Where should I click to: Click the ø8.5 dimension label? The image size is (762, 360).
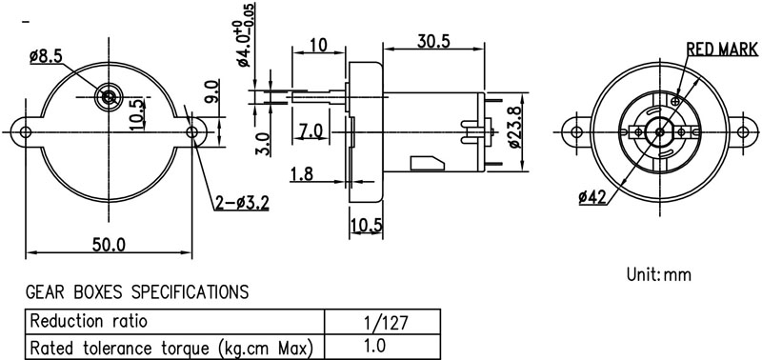(x=46, y=57)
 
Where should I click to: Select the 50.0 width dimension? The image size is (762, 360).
(x=109, y=245)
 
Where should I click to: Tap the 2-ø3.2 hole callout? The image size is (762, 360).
(x=242, y=203)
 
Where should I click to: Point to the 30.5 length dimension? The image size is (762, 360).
(x=433, y=42)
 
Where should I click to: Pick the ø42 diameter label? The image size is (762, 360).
(x=592, y=197)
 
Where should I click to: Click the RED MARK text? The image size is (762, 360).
(x=722, y=50)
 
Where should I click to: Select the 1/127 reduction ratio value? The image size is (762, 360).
(x=387, y=323)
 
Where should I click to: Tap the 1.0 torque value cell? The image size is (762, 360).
(x=374, y=346)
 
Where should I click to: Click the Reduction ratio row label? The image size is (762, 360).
(x=89, y=321)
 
